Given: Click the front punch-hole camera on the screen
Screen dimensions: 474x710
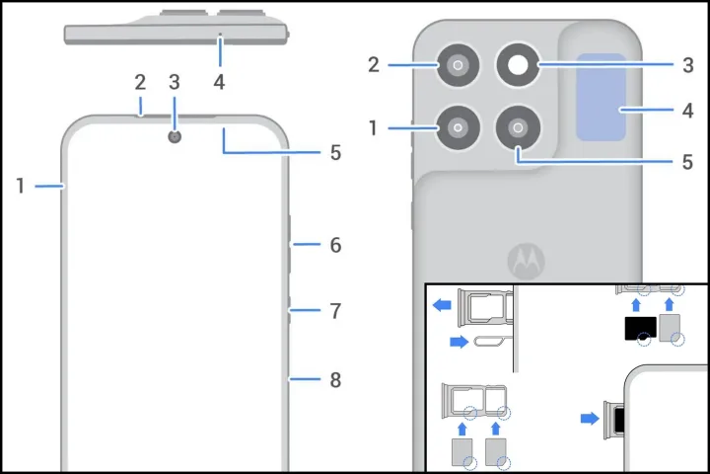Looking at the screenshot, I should (176, 136).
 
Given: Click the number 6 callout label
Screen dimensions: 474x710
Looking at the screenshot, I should (335, 245).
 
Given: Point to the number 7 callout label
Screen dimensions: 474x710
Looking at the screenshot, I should (335, 311).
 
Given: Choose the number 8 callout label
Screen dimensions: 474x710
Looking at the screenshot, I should (335, 379).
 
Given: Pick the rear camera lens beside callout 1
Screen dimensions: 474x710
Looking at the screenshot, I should (458, 128).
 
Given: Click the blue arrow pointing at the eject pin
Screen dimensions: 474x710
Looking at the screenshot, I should (457, 342).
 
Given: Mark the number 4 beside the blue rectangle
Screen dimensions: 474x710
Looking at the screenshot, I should (687, 111).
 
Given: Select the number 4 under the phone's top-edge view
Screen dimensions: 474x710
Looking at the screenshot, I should (219, 83).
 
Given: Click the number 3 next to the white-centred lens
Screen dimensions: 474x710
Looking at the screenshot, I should (687, 65).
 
